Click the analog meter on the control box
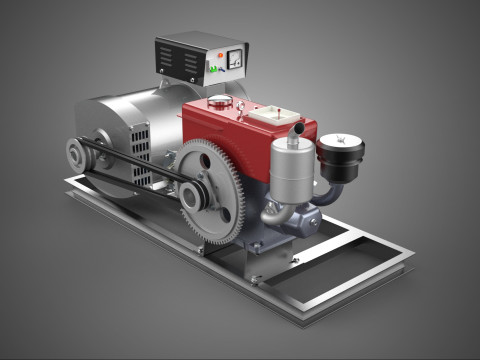(x=234, y=58)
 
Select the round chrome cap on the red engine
(x=218, y=101)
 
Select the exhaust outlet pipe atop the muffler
(x=295, y=130)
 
